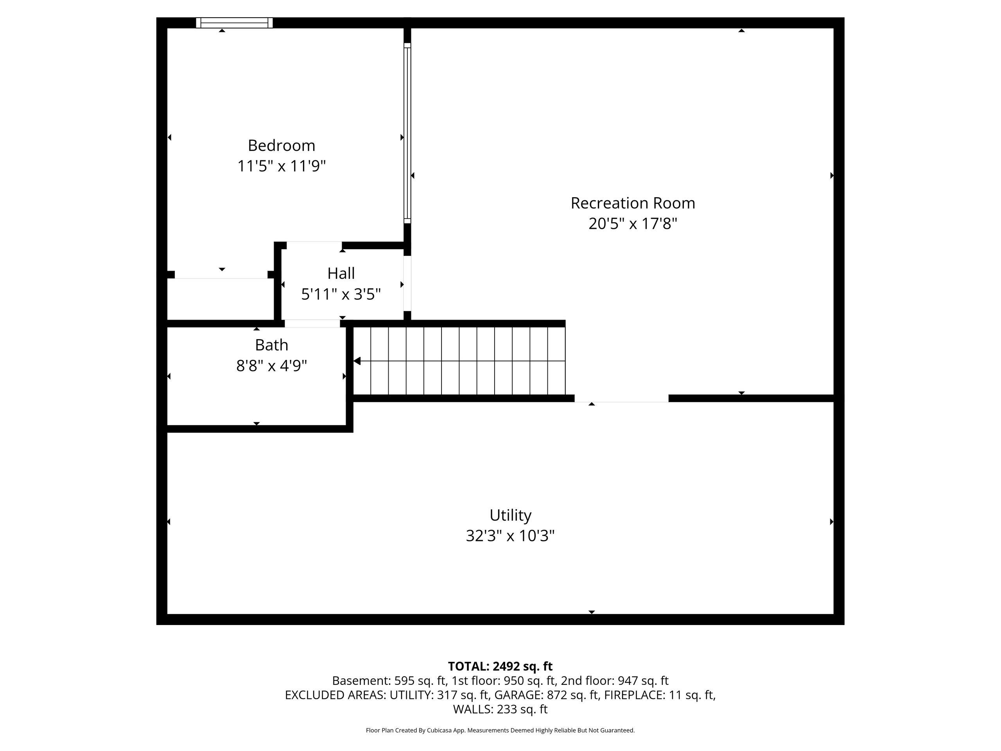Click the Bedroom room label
tap(281, 146)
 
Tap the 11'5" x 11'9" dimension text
tap(281, 166)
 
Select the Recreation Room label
tap(632, 203)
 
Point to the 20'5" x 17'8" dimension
tap(632, 224)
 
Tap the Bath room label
tap(271, 345)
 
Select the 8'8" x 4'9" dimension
tap(271, 365)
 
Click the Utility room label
tap(510, 515)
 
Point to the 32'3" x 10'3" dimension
tap(510, 536)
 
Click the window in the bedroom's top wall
tap(234, 23)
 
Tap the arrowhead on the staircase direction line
tap(357, 361)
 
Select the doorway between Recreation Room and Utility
tap(621, 398)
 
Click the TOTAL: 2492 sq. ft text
tap(500, 667)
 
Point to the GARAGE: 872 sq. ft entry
tap(546, 695)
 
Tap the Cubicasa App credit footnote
tap(500, 730)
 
